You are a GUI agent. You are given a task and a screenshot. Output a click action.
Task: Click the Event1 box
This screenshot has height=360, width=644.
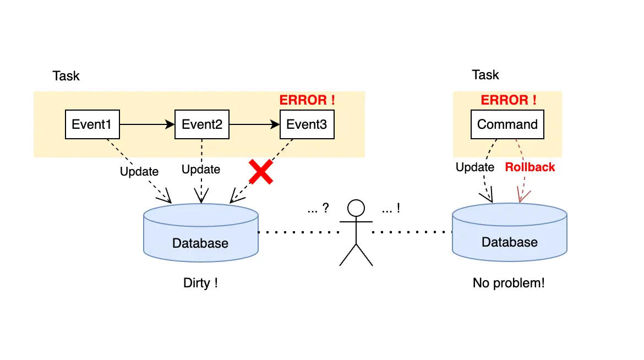[92, 124]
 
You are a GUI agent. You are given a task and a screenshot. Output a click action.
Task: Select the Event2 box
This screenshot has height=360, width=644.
[201, 124]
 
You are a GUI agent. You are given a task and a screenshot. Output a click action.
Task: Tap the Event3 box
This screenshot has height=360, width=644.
[307, 124]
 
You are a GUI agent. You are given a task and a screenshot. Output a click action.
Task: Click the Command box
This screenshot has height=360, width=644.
[507, 124]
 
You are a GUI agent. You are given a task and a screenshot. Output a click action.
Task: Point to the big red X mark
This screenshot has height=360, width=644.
[261, 172]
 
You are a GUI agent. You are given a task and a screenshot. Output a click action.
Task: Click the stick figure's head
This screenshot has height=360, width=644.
[356, 209]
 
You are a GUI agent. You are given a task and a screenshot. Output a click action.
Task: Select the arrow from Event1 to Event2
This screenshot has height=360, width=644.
[146, 124]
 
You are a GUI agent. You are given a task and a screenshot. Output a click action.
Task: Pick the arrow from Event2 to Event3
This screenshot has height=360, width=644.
[254, 124]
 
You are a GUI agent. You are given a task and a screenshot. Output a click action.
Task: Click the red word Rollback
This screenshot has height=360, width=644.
[530, 167]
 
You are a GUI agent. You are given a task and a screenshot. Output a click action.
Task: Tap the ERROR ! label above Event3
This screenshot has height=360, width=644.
[307, 100]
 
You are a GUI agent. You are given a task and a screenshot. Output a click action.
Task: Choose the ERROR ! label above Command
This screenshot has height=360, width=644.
[508, 100]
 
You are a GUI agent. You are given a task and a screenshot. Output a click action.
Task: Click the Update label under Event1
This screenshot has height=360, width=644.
[139, 171]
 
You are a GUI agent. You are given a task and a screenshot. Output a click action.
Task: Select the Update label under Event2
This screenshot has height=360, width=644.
[201, 169]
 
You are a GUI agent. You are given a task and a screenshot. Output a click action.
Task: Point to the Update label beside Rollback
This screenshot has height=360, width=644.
[475, 167]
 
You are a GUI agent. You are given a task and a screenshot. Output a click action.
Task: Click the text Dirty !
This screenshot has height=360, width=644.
[200, 283]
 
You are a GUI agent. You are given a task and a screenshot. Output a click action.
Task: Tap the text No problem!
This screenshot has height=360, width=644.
[509, 283]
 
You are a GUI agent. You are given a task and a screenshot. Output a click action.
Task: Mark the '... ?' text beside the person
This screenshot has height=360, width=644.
[318, 209]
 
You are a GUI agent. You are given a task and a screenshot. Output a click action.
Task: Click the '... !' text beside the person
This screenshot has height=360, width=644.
[390, 209]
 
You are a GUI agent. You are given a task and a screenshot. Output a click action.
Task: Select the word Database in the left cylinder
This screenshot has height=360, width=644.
[200, 243]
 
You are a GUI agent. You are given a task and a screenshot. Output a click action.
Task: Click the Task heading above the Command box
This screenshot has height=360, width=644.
[485, 75]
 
